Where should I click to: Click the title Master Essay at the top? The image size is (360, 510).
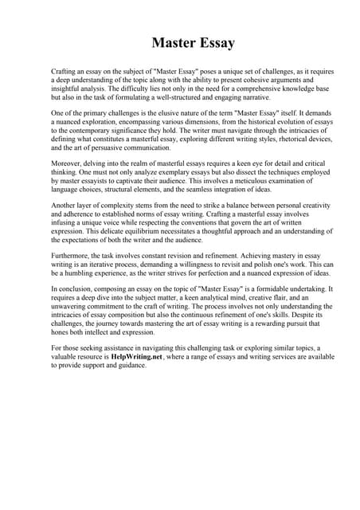[x=194, y=43]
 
